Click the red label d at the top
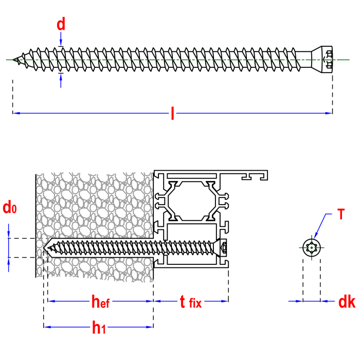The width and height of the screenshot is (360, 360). tap(61, 24)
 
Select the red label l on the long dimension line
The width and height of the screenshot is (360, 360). tap(172, 113)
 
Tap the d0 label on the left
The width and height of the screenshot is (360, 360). tap(9, 208)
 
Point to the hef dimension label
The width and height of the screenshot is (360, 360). tap(100, 302)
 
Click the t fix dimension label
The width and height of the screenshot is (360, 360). tap(190, 302)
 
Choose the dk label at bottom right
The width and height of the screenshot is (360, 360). tap(347, 302)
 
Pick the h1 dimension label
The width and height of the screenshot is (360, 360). tap(99, 328)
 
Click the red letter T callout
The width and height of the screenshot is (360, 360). tap(341, 214)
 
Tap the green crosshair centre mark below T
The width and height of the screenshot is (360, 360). tap(312, 247)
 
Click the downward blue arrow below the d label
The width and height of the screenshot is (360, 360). tap(61, 40)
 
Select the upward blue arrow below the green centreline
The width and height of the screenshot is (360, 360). tap(61, 80)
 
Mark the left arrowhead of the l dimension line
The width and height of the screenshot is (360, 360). tap(17, 113)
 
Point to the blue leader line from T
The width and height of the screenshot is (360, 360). tap(320, 225)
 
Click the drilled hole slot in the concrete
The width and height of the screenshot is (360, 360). tap(98, 247)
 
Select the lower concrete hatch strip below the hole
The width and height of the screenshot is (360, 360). tap(98, 268)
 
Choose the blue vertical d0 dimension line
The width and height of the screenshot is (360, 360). tap(8, 247)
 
